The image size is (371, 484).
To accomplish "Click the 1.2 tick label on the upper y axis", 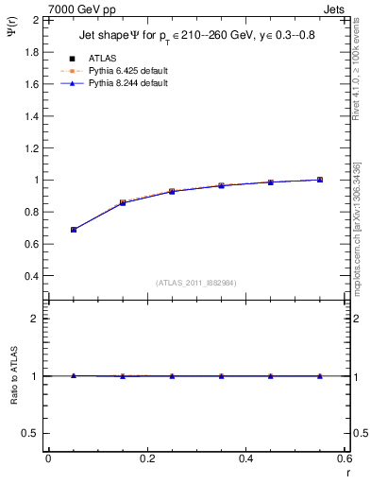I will coord(31,147).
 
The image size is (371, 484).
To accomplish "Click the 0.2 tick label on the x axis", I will coord(146,458).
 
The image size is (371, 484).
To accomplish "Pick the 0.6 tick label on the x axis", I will coord(345,458).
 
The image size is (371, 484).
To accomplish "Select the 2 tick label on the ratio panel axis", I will coord(34,319).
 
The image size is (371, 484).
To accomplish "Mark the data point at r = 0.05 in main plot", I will coord(73,230).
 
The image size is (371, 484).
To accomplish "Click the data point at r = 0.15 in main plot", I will coord(123,202).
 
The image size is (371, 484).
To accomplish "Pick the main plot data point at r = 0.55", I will coord(320,180).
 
